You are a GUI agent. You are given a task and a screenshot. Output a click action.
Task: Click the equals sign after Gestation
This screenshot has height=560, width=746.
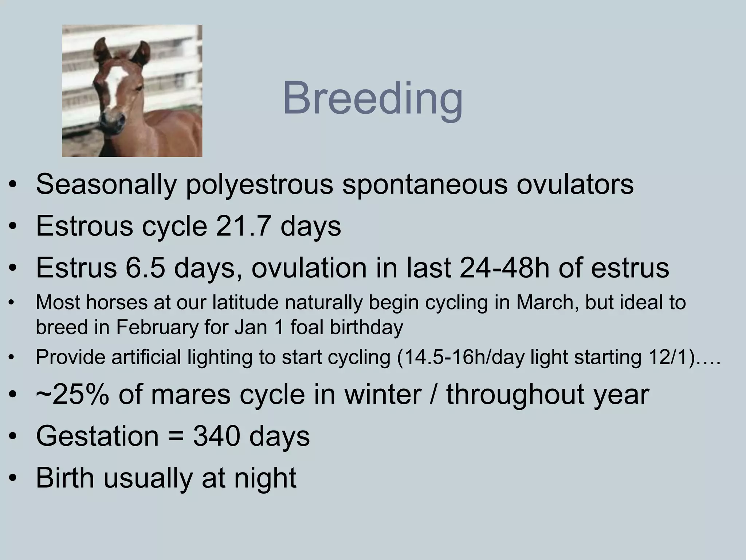(176, 437)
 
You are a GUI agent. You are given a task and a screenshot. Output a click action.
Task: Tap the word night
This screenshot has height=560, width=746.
(265, 478)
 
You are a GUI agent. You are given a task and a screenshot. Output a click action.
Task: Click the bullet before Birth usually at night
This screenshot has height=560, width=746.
(13, 479)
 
